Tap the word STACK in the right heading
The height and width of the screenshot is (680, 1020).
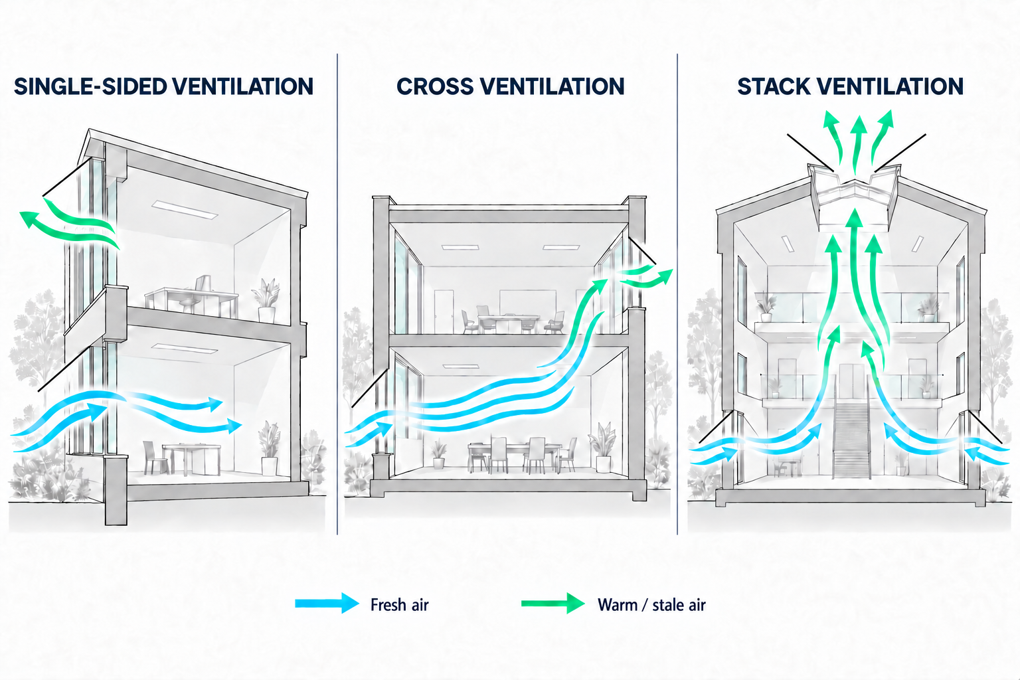pyautogui.click(x=774, y=86)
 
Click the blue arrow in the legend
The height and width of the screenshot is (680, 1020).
pyautogui.click(x=327, y=604)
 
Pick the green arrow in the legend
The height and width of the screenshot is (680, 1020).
pyautogui.click(x=552, y=604)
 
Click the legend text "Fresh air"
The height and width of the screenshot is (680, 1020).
pyautogui.click(x=399, y=605)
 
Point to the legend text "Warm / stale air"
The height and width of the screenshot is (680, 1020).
pyautogui.click(x=651, y=605)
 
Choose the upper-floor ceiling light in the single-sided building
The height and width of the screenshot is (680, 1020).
pyautogui.click(x=185, y=209)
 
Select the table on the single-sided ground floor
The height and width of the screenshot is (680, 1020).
pyautogui.click(x=191, y=458)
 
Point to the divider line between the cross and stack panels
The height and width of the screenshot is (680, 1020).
pyautogui.click(x=677, y=294)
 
